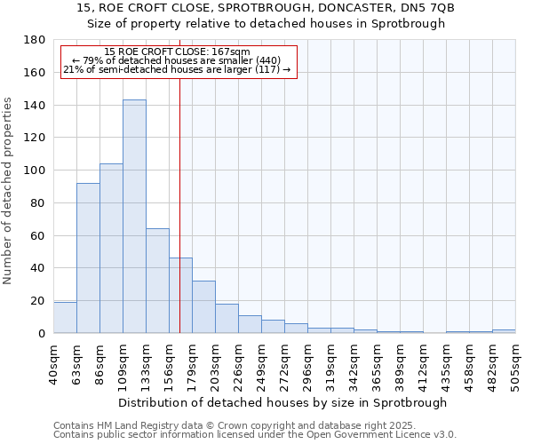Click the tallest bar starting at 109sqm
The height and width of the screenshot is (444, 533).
click(134, 217)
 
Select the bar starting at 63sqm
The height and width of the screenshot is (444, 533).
click(88, 258)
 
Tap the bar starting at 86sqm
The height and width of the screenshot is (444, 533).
click(111, 249)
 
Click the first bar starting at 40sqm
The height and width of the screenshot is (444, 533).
click(65, 318)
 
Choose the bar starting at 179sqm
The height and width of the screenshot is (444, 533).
click(203, 307)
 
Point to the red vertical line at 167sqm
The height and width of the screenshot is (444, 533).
click(179, 204)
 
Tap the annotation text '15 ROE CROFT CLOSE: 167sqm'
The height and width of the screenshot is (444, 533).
click(177, 52)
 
